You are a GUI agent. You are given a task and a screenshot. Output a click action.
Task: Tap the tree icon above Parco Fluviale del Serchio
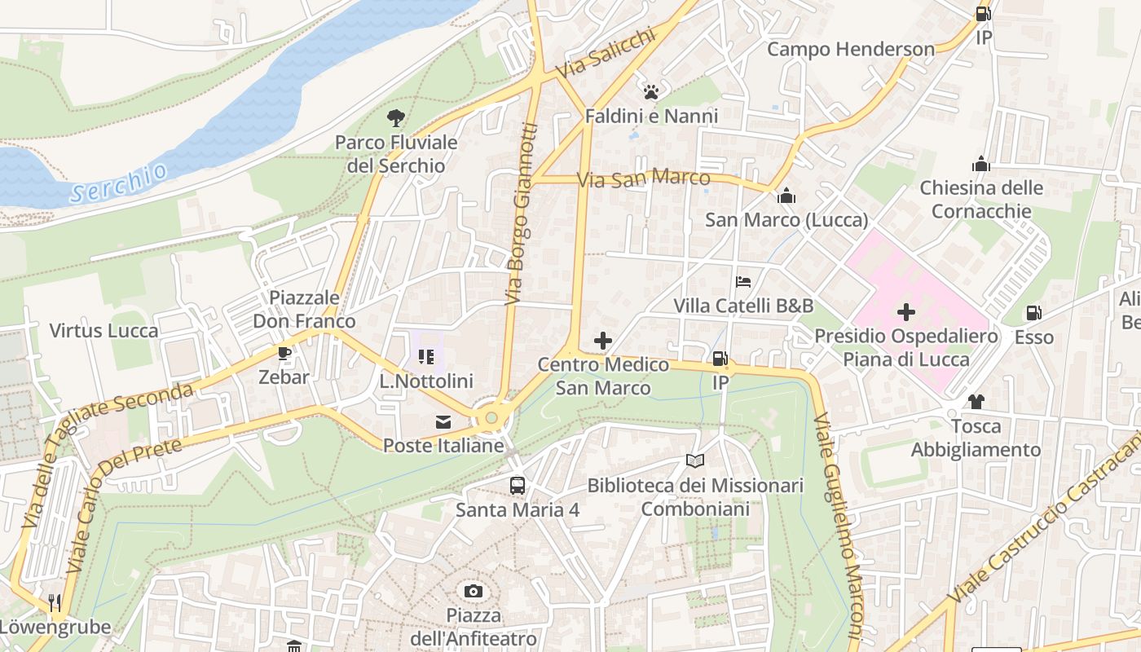[x=396, y=118]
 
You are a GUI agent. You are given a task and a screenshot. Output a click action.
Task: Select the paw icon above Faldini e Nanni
[x=650, y=92]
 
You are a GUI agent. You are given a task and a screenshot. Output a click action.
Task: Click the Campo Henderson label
[x=851, y=49]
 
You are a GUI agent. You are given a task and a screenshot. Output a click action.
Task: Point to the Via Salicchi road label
[x=605, y=55]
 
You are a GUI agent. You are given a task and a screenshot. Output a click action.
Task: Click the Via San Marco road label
[x=643, y=178]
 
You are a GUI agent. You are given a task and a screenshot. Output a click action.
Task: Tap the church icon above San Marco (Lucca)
[x=786, y=196]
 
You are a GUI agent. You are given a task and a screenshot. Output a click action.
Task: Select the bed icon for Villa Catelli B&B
[x=743, y=282]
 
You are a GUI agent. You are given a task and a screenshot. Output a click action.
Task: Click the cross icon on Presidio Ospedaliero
[x=905, y=312]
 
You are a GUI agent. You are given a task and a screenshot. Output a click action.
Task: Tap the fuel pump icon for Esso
[x=1033, y=313]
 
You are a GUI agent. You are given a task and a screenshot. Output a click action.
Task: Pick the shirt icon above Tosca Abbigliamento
[x=976, y=401]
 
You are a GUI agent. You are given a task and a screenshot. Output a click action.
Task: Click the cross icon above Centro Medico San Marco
[x=603, y=341]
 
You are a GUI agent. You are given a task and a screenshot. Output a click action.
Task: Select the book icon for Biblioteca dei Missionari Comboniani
[x=694, y=461]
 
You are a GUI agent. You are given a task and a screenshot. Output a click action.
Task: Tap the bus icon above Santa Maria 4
[x=518, y=486]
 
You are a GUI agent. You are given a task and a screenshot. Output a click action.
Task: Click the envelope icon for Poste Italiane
[x=443, y=422]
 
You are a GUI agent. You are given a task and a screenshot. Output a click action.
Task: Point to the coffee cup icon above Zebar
[x=284, y=353]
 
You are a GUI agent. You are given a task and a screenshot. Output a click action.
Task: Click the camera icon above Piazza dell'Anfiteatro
[x=473, y=591]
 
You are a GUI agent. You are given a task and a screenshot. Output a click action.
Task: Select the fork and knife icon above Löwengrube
[x=55, y=603]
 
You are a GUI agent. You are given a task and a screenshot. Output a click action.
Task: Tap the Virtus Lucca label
[x=104, y=331]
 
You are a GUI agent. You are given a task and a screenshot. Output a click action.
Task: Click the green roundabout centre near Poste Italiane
[x=491, y=418]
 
